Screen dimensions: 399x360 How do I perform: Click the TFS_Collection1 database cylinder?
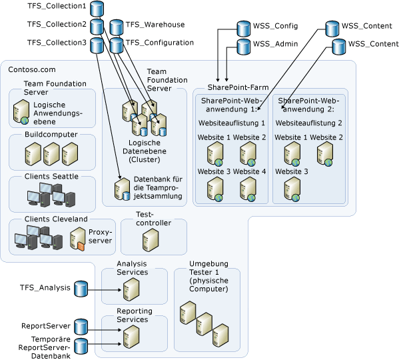tap(97, 9)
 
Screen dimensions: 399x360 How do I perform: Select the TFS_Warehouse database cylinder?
tap(117, 27)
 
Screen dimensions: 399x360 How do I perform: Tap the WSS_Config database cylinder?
tap(244, 29)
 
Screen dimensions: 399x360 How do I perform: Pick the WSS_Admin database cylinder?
tap(244, 47)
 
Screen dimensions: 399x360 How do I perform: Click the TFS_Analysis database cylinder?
tap(81, 289)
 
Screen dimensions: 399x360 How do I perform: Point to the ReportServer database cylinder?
tap(81, 327)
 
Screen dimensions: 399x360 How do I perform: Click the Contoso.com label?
tap(32, 69)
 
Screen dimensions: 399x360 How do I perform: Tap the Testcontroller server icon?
tap(151, 239)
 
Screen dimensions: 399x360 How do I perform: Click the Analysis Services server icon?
tap(131, 289)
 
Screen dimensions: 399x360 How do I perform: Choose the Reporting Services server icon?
tap(131, 337)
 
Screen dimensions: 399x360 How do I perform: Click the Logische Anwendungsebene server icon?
tap(21, 112)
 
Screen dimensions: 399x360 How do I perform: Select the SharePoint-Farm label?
tap(238, 87)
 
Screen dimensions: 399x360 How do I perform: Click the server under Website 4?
tap(248, 189)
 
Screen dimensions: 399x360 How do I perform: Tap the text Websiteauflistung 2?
tap(308, 123)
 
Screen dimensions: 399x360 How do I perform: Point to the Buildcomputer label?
tap(51, 134)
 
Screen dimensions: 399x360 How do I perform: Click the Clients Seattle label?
tap(51, 176)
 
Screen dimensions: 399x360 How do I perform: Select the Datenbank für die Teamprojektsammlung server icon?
tap(123, 189)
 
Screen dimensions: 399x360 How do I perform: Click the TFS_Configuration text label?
tap(160, 43)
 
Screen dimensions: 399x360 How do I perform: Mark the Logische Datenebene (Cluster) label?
tap(145, 151)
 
